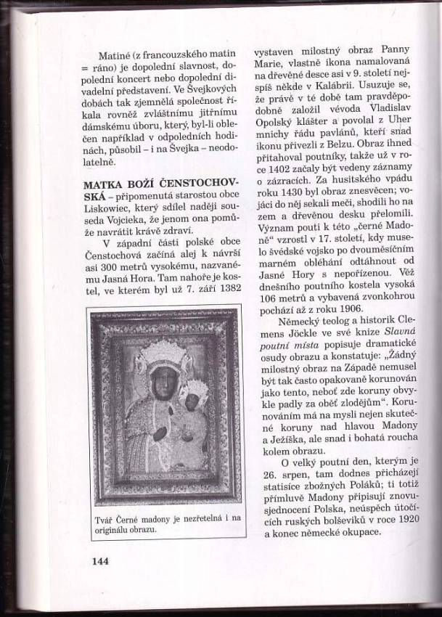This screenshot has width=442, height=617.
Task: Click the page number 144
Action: pyautogui.click(x=100, y=560)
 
